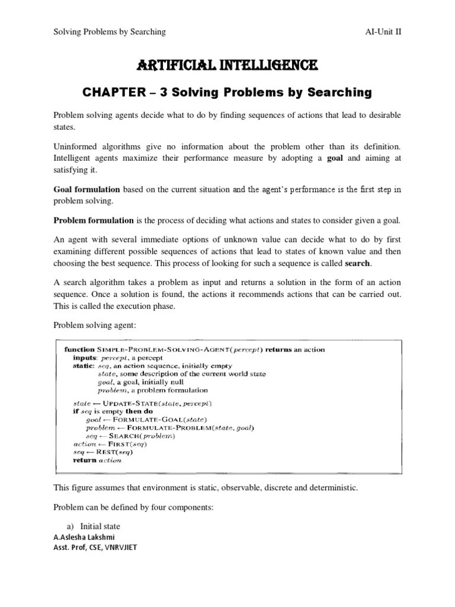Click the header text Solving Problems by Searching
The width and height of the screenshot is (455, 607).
[x=110, y=31]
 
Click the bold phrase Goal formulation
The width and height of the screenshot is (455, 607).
[x=87, y=190]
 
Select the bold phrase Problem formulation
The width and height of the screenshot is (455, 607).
[x=94, y=221]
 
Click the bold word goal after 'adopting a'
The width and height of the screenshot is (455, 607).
[x=337, y=158]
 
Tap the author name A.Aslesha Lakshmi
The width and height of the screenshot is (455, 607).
[x=85, y=538]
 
